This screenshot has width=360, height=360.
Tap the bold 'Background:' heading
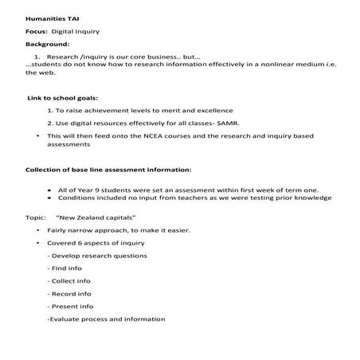48,44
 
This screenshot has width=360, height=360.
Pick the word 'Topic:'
37,217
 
